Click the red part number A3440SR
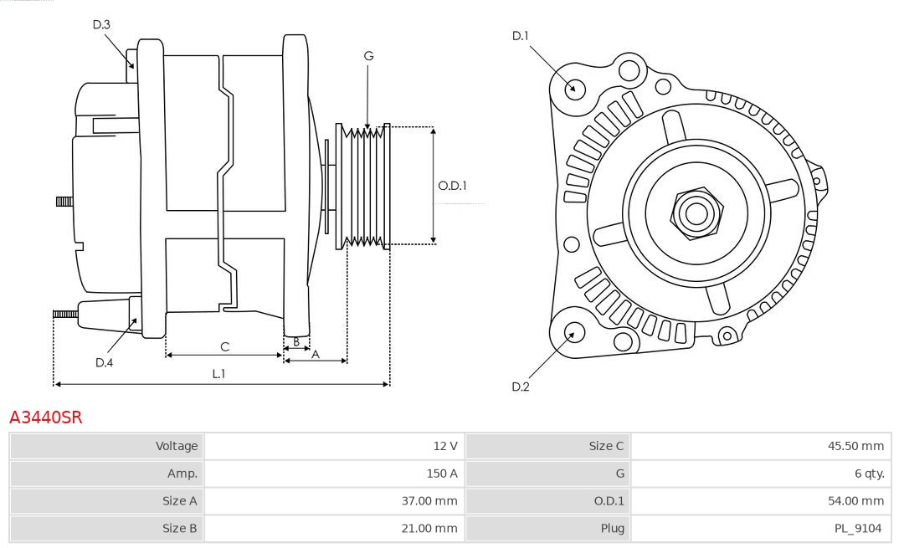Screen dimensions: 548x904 tap(46, 417)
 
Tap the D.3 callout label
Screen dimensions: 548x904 tap(101, 25)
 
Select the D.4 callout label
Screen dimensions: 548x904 tap(104, 362)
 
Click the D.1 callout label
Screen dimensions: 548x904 tap(521, 35)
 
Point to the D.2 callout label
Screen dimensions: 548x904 tap(521, 387)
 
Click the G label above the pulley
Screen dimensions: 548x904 tap(368, 56)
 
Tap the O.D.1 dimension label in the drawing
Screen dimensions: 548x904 tap(453, 186)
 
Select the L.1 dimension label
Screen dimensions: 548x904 tap(218, 374)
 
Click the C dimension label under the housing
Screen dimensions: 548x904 tap(224, 346)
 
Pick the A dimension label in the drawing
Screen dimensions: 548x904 tap(316, 354)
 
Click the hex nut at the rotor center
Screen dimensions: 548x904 tap(696, 213)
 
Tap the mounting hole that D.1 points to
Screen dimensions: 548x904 tap(575, 88)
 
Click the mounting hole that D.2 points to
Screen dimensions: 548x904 tap(573, 333)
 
